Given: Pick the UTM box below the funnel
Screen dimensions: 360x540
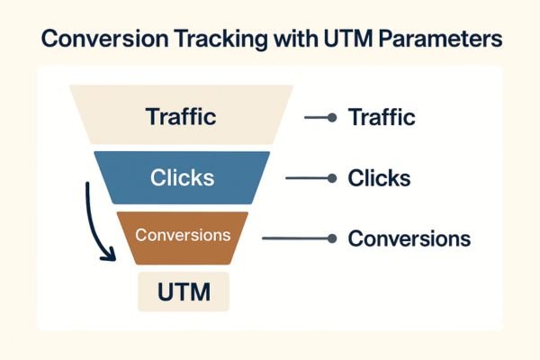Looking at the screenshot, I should pos(184,292).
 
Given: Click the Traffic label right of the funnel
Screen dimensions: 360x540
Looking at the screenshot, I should pos(382,117).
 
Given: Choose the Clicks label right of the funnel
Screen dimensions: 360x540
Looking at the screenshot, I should pos(379,178).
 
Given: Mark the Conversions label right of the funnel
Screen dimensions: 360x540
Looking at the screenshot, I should pos(409,238).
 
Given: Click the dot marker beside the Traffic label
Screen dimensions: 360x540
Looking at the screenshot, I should pos(333,117).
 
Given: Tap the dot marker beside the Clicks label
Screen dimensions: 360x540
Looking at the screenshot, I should pos(333,178).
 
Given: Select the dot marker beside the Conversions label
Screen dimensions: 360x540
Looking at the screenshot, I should pos(333,238).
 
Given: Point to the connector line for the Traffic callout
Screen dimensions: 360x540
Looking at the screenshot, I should pos(317,117).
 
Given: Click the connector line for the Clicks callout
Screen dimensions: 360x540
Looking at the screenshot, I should pos(308,178).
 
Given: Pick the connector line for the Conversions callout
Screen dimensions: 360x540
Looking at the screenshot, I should pos(296,238).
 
